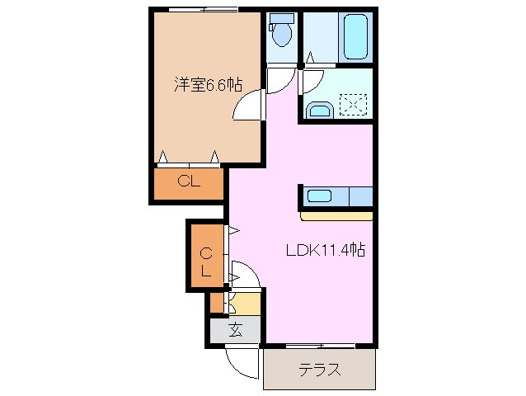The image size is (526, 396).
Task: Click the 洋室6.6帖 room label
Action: (208, 83)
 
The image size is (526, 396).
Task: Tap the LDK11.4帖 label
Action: (326, 250)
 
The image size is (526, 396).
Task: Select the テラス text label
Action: (320, 370)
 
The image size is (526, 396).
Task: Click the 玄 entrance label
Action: (235, 330)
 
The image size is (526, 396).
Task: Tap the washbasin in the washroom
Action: (318, 110)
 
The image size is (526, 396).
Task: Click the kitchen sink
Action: (319, 196)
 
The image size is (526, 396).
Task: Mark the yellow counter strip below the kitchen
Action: (337, 216)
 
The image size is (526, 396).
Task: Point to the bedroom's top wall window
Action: (204, 9)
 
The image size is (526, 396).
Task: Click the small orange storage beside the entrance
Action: (216, 303)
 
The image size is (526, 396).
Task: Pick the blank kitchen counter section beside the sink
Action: (359, 196)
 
